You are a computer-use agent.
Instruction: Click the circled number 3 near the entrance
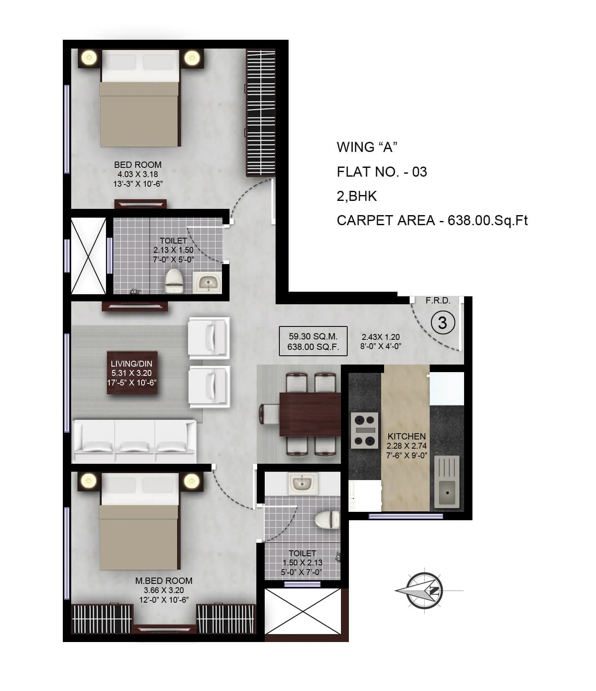click(x=443, y=323)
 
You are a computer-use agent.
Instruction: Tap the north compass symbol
click(x=425, y=591)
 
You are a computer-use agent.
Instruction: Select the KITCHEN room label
click(x=406, y=436)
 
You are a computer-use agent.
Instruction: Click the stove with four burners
click(x=364, y=430)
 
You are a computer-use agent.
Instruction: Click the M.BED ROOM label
click(x=164, y=581)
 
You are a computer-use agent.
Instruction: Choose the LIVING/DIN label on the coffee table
click(x=132, y=364)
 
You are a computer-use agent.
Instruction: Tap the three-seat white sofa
click(x=135, y=441)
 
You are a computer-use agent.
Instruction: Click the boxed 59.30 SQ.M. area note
click(x=313, y=341)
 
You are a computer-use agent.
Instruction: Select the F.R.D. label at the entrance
click(x=438, y=301)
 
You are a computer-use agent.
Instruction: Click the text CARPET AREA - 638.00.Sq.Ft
click(x=432, y=220)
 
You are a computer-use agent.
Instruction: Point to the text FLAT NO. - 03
click(x=382, y=172)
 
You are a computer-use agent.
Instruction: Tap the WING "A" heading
click(x=367, y=147)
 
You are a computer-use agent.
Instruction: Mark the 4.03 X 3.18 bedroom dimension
click(x=137, y=174)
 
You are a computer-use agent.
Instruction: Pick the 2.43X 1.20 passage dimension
click(x=381, y=337)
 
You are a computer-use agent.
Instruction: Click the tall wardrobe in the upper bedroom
click(x=261, y=113)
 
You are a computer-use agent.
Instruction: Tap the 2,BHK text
click(x=357, y=196)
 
